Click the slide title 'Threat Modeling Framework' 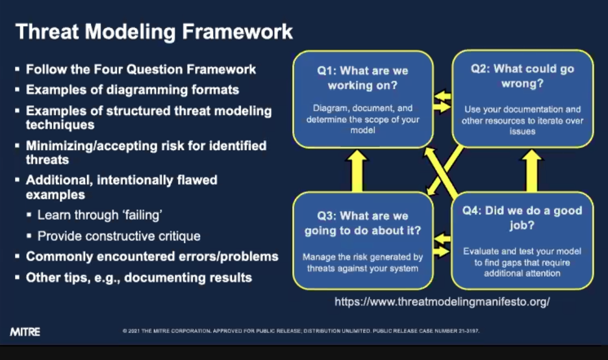point(154,32)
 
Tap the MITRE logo point(25,332)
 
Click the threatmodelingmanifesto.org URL point(442,302)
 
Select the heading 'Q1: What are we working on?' point(362,77)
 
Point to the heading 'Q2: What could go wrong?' point(522,76)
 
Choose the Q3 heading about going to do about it point(362,223)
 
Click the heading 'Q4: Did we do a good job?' point(522,218)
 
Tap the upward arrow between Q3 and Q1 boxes point(357,171)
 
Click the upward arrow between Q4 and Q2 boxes point(531,171)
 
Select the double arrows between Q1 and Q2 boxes point(442,101)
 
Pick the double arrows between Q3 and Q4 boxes point(442,246)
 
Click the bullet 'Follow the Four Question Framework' point(141,70)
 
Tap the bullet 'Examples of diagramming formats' point(133,90)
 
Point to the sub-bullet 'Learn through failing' point(99,215)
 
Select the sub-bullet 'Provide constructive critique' point(119,236)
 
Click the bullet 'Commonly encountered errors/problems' point(152,257)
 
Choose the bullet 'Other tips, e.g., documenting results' point(139,277)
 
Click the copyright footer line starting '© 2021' point(301,331)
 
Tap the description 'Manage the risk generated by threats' point(362,263)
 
